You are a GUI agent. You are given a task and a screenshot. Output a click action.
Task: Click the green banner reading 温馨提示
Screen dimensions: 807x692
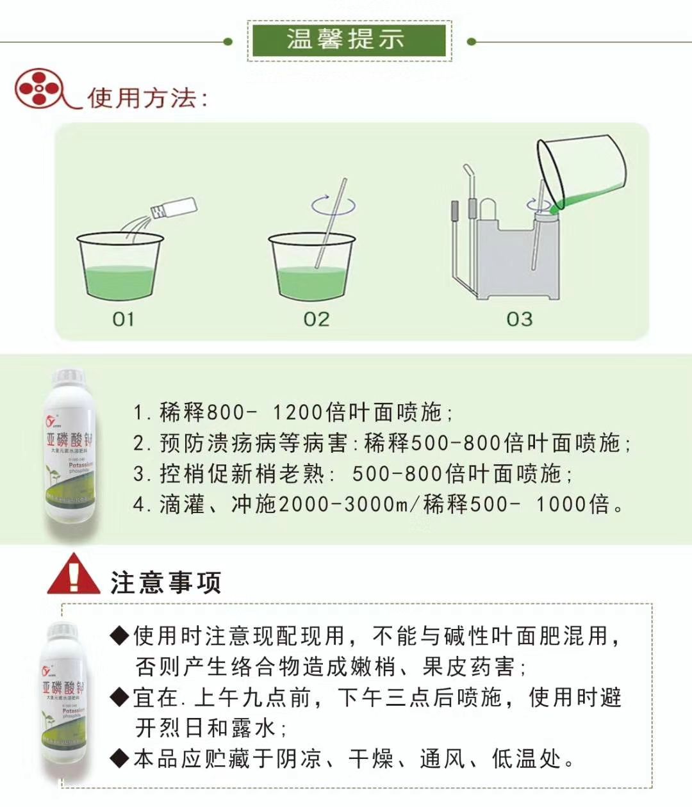click(x=349, y=40)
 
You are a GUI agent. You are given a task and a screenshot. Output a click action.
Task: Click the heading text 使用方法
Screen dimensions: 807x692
click(x=147, y=98)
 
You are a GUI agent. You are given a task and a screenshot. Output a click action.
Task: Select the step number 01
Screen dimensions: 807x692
click(x=123, y=319)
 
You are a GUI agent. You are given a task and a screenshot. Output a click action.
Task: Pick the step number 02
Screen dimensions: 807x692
click(x=316, y=319)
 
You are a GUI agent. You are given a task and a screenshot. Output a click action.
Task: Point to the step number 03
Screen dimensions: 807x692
click(x=519, y=319)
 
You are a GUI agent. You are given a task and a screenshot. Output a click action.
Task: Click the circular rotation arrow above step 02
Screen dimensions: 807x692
click(x=333, y=205)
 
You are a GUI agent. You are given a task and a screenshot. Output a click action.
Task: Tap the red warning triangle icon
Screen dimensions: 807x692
click(x=74, y=575)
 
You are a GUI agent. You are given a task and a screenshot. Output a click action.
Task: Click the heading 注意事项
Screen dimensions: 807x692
click(x=165, y=583)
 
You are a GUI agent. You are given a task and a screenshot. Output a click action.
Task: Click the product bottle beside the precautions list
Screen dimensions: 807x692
click(x=64, y=701)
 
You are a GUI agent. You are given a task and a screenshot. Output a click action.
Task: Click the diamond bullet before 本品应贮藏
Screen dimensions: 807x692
click(x=120, y=759)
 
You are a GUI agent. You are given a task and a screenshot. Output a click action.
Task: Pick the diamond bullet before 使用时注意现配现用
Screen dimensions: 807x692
click(x=120, y=636)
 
